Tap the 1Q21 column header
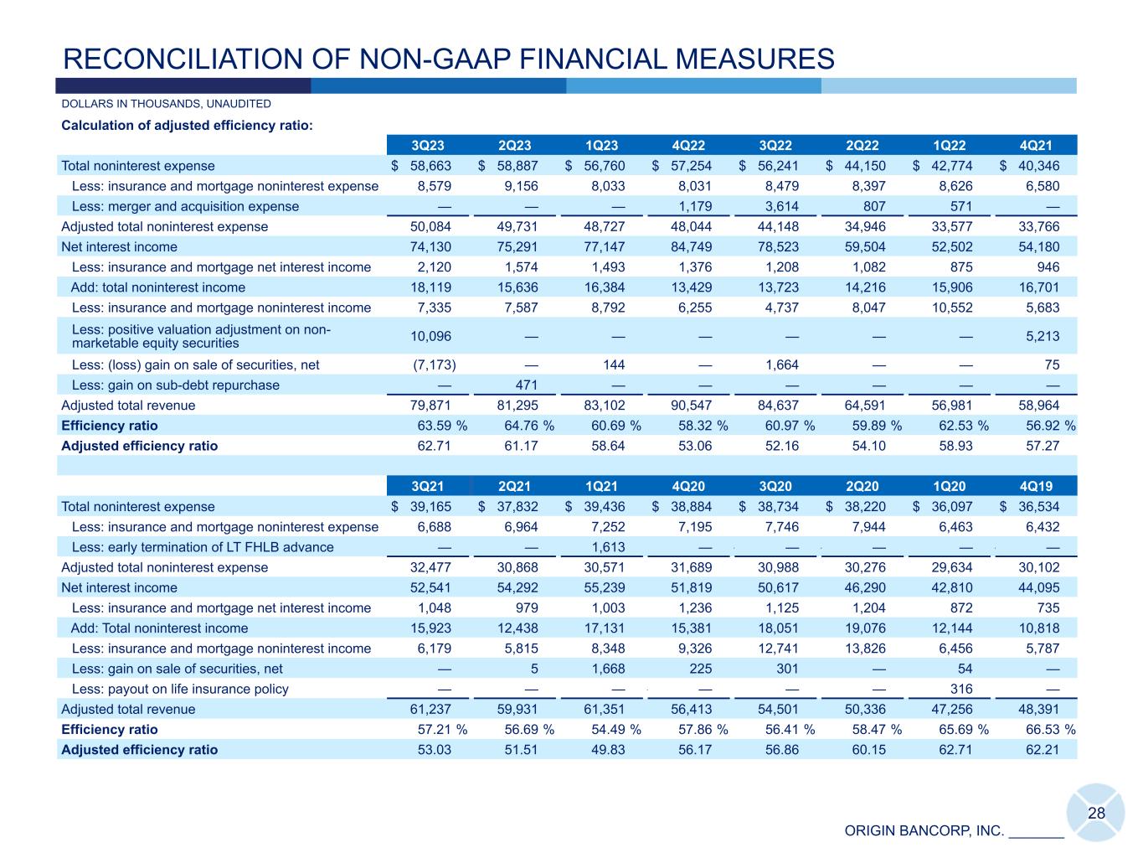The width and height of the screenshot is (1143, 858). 603,486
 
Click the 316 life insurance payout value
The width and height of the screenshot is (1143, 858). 959,689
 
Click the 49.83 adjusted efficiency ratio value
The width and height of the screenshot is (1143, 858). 608,750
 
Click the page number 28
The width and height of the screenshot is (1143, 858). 1096,814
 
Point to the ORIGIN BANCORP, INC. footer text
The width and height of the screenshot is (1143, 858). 924,831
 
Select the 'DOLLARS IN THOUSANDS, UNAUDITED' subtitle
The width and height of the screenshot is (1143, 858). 166,104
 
